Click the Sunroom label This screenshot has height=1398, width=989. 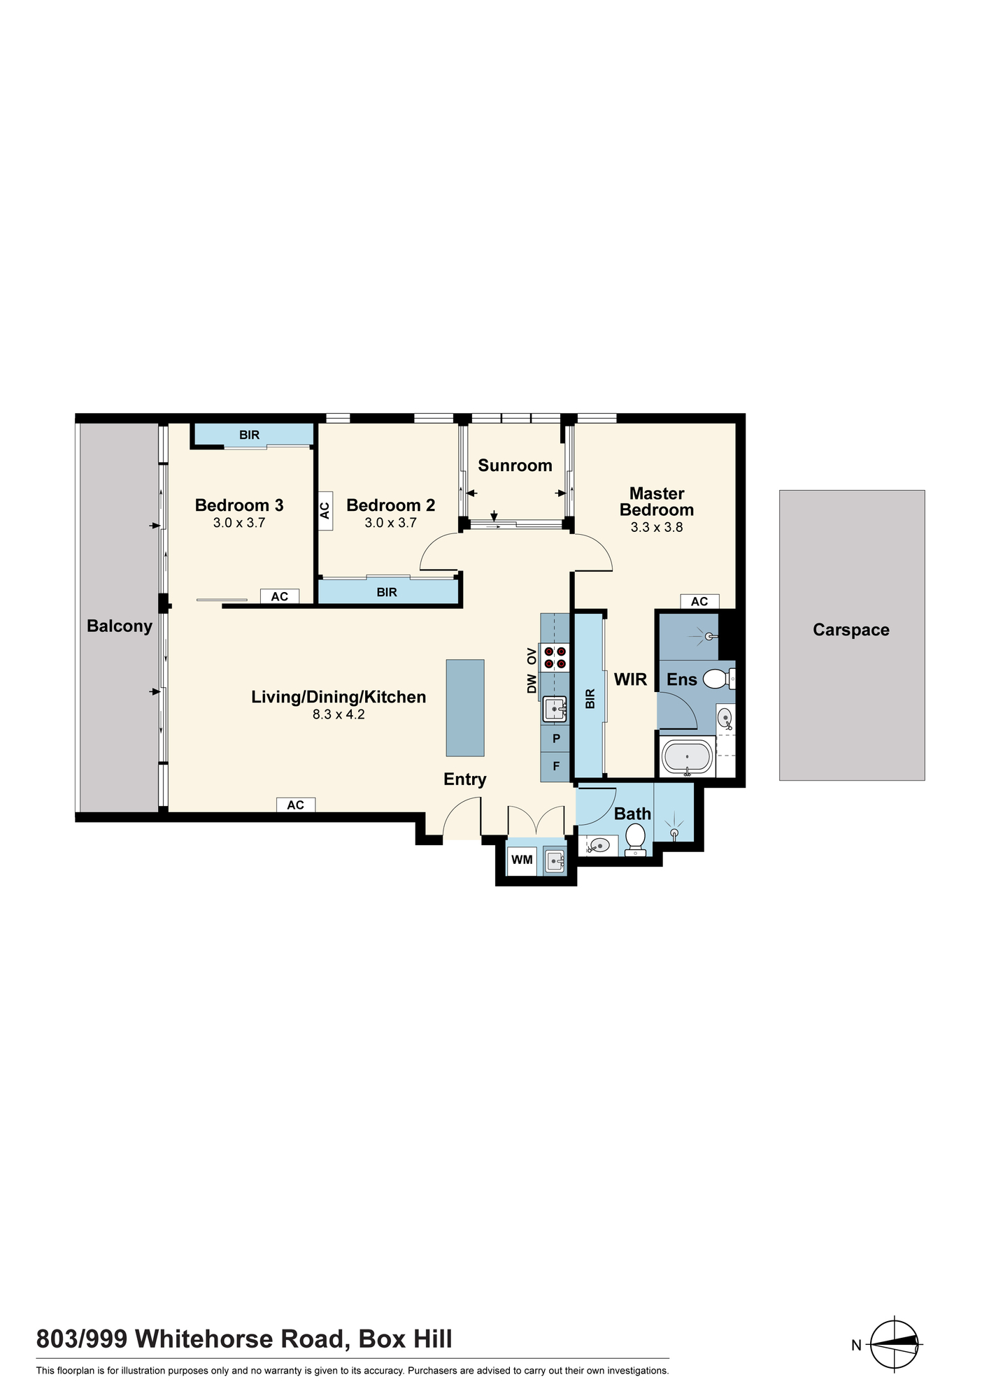515,466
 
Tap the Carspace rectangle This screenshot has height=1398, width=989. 852,635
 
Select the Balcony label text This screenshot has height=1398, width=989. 120,626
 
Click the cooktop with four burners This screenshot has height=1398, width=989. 555,657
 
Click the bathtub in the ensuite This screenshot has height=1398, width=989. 687,758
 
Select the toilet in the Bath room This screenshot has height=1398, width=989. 635,839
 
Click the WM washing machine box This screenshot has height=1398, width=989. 522,860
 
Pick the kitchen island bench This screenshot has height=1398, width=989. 465,707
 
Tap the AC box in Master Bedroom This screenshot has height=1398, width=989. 699,601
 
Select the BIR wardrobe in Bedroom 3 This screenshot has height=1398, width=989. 252,435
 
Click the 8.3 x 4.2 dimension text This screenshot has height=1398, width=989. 339,714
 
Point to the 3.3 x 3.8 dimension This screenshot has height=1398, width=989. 657,528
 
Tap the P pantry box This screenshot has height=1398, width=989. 556,739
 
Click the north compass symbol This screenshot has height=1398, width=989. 895,1343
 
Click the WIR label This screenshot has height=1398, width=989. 630,679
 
